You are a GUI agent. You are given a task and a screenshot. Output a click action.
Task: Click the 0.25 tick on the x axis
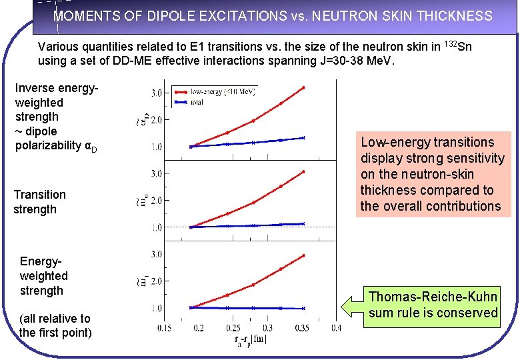tap(233, 327)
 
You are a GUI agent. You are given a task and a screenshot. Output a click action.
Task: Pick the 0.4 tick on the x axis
tap(335, 327)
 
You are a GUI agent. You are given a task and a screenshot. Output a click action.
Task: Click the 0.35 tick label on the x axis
tap(303, 327)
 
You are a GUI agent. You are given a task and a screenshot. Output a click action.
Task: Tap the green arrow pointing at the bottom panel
tap(351, 305)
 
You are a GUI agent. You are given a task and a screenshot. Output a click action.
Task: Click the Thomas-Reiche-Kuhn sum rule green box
tap(433, 305)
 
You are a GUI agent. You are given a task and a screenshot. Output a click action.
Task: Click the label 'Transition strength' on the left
tap(40, 202)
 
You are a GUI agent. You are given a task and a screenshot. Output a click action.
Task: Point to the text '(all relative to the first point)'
tap(55, 325)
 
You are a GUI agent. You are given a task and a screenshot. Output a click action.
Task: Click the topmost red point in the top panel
tap(303, 87)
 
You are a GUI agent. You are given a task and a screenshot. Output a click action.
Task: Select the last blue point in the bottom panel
tap(303, 309)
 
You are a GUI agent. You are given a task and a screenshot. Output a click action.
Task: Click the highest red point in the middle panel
tap(303, 171)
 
